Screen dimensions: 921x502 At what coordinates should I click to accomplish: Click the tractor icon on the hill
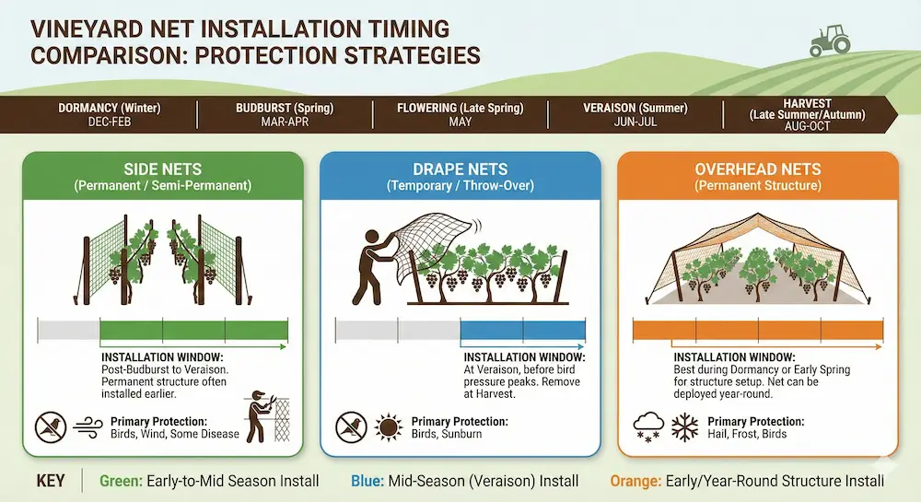(830, 41)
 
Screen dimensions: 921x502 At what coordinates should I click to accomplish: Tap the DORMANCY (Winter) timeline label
(110, 108)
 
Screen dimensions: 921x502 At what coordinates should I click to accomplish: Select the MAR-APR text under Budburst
(285, 123)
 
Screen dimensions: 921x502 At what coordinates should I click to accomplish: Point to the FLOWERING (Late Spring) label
(460, 108)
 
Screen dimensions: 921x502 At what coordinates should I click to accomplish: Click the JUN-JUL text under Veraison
(635, 123)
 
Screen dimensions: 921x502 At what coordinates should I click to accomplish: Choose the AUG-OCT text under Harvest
(807, 126)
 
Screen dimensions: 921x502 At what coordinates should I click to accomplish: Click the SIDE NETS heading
(163, 169)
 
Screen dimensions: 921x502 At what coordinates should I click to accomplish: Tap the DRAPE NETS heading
(460, 169)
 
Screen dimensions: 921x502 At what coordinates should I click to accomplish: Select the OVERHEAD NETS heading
(758, 169)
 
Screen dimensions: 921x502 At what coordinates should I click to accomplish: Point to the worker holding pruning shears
(261, 415)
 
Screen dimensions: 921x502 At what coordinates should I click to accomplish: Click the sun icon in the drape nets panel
(389, 427)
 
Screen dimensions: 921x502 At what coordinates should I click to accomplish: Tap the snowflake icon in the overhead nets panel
(684, 427)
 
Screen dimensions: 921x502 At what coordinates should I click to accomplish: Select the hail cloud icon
(648, 427)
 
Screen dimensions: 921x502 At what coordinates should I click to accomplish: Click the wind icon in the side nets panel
(88, 428)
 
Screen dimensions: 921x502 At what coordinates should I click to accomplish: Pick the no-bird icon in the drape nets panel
(351, 427)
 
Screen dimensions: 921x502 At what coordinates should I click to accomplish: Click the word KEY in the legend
(51, 482)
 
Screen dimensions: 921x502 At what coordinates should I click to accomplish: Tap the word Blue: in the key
(367, 482)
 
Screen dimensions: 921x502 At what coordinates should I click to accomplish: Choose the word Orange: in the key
(635, 482)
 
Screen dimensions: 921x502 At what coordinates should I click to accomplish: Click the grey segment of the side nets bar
(69, 331)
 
